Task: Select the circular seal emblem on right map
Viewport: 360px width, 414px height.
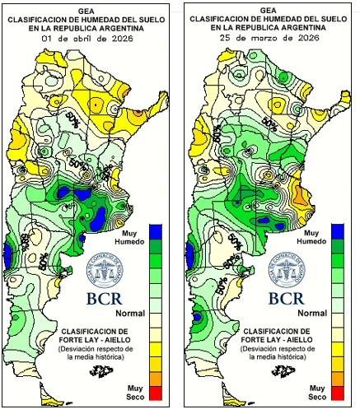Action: [293, 268]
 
